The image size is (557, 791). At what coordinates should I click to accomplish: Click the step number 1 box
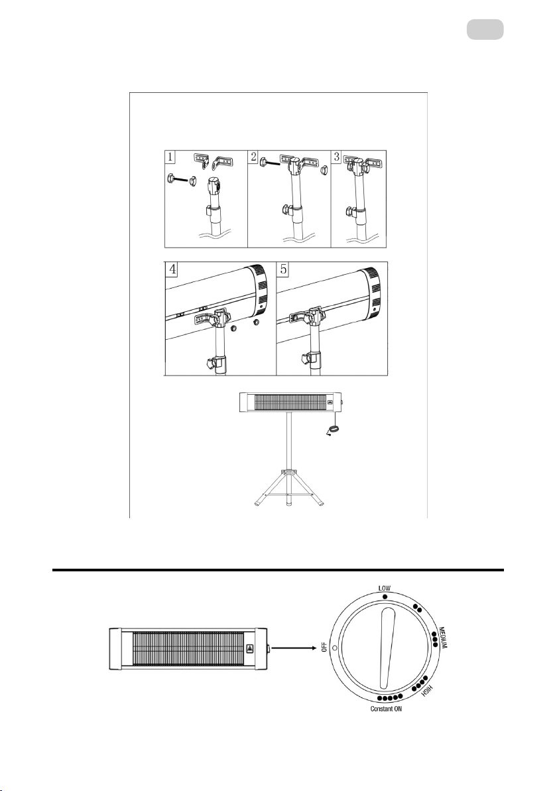pyautogui.click(x=171, y=157)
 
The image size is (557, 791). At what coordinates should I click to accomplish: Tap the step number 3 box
pyautogui.click(x=337, y=157)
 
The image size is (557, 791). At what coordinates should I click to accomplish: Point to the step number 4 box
pyautogui.click(x=171, y=269)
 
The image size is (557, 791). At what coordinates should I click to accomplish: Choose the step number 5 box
pyautogui.click(x=282, y=269)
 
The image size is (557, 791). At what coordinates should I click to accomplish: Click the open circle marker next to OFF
pyautogui.click(x=336, y=647)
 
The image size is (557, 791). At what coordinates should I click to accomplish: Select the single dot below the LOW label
pyautogui.click(x=384, y=597)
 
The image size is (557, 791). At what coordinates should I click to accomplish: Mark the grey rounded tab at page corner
pyautogui.click(x=484, y=30)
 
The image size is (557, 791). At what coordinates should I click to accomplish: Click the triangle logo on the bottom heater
pyautogui.click(x=249, y=650)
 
